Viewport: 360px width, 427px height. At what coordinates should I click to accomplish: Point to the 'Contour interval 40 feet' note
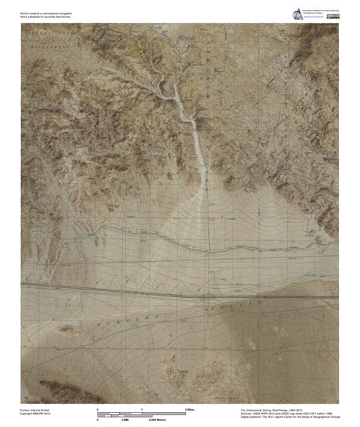[x=37, y=410]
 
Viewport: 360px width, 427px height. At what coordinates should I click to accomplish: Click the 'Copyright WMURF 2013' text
[x=36, y=414]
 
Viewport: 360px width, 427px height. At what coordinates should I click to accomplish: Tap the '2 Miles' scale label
[x=190, y=410]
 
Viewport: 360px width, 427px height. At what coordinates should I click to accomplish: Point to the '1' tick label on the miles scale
[x=142, y=410]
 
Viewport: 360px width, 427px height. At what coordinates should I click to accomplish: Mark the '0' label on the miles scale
[x=99, y=410]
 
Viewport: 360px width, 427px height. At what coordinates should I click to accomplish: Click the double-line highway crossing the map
[x=180, y=288]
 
